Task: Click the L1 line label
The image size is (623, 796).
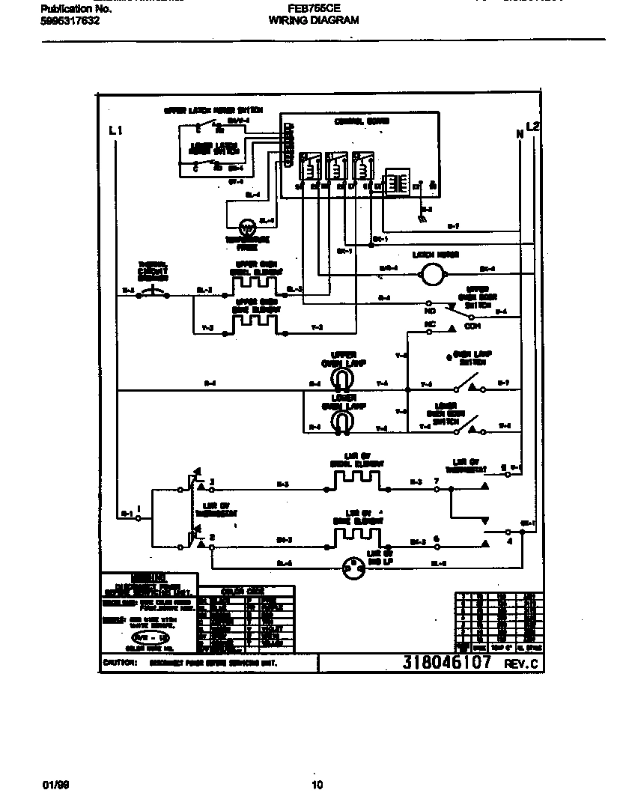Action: [x=115, y=130]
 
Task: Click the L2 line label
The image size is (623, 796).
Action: [x=532, y=126]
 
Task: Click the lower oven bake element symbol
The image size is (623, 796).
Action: [x=356, y=536]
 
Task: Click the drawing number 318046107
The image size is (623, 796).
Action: [x=446, y=662]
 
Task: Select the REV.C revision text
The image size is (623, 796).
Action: [x=520, y=663]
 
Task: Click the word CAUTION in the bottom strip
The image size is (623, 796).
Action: [x=119, y=663]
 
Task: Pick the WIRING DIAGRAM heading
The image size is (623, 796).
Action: [x=313, y=21]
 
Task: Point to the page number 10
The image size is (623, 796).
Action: [x=317, y=785]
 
